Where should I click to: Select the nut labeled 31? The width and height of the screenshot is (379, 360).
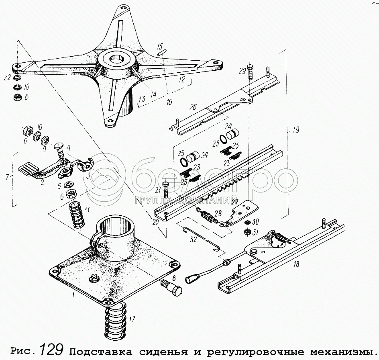coord(248,232)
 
